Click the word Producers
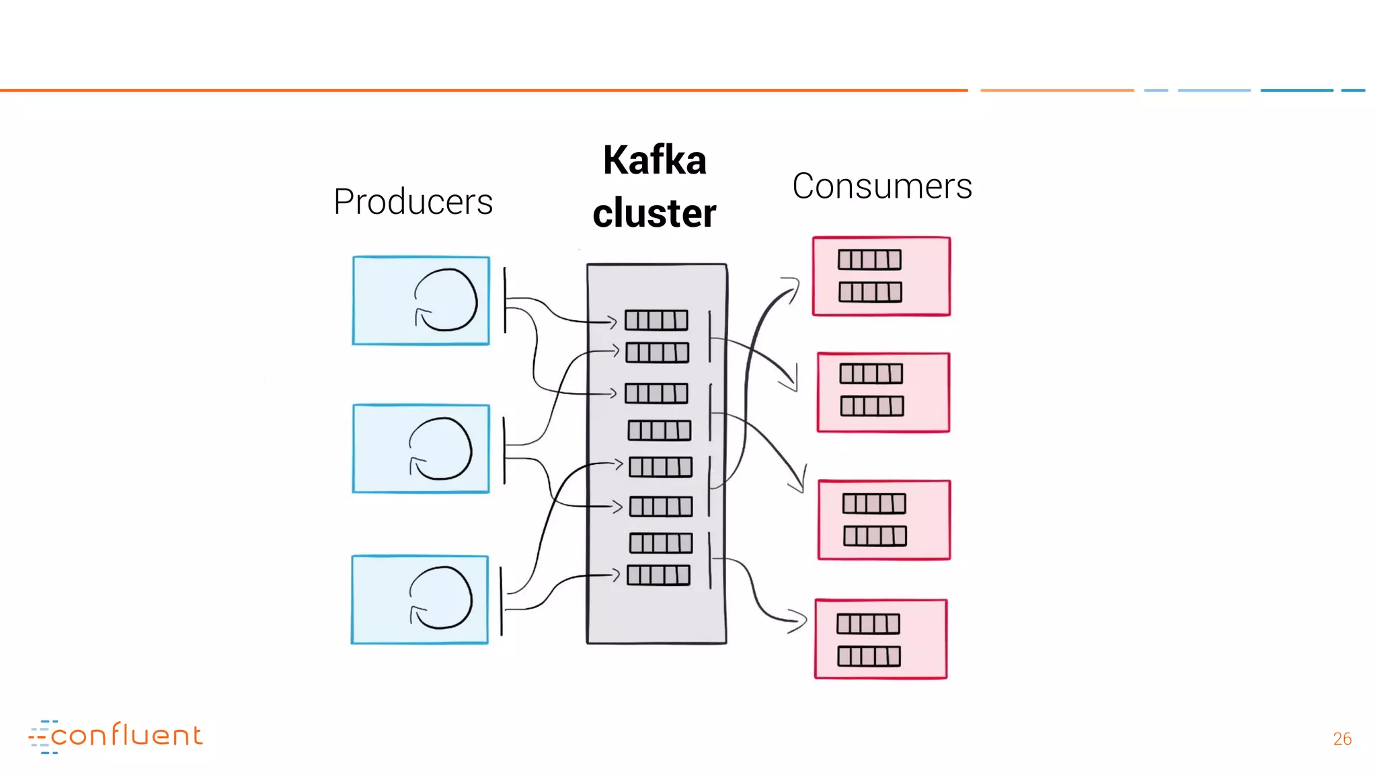(x=413, y=202)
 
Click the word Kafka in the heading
(x=654, y=160)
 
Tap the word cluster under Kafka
(x=654, y=213)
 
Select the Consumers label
(x=881, y=186)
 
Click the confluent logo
(x=116, y=736)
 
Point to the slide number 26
(x=1342, y=739)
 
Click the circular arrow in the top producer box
(x=445, y=300)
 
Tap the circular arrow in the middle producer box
(x=440, y=449)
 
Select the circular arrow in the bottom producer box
(x=441, y=598)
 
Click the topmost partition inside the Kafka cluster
(x=656, y=320)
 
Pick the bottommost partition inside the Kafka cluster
(x=658, y=575)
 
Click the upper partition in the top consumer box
(x=869, y=260)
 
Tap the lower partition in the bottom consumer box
(x=869, y=657)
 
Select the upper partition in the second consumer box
(x=871, y=374)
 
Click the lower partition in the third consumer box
(x=875, y=536)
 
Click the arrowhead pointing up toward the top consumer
(x=793, y=288)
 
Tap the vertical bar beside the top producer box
(x=505, y=300)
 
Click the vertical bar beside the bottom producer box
(x=502, y=601)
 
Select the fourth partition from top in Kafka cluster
(x=659, y=431)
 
